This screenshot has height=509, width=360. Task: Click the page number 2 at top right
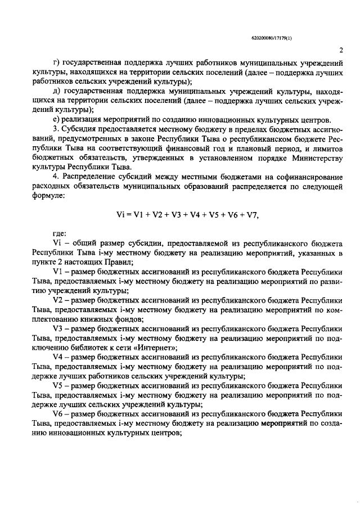point(341,49)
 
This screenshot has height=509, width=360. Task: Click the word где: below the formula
point(60,233)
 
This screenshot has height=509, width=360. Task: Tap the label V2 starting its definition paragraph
point(57,301)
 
